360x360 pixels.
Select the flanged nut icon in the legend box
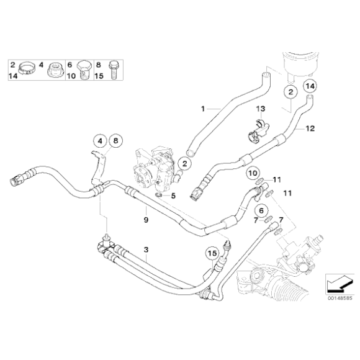click(x=55, y=68)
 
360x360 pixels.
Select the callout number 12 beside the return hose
click(x=310, y=129)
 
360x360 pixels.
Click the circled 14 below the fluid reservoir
click(x=310, y=85)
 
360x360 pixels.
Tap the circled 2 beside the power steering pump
click(x=182, y=164)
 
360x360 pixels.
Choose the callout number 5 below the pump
click(x=173, y=196)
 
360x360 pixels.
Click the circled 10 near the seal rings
click(x=252, y=173)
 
